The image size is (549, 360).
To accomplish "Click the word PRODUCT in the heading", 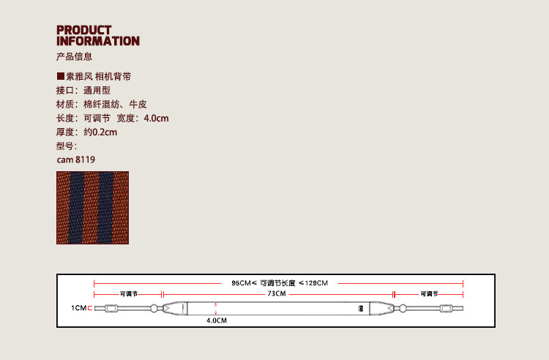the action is tap(84, 30).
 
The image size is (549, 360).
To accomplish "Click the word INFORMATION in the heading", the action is tap(98, 41).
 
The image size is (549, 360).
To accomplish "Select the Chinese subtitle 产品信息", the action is tap(74, 57).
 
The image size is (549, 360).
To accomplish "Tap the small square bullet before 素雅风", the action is tap(60, 76).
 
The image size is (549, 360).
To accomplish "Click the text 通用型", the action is tap(97, 91).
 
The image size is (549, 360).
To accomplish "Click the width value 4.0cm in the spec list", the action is tap(157, 119).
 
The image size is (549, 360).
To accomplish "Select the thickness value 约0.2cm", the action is tap(100, 132).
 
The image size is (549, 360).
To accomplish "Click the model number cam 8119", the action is tap(75, 160).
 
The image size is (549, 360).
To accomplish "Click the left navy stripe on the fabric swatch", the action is tap(77, 208).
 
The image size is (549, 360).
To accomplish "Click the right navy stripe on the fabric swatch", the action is tap(105, 208).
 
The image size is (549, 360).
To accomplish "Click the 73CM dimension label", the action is tap(276, 293).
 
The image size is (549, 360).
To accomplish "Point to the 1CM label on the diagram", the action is tap(78, 309).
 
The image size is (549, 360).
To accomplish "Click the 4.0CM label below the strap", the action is tap(216, 321).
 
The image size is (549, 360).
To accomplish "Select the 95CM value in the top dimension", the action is tap(241, 283).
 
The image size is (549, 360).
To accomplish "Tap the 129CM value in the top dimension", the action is tap(316, 283).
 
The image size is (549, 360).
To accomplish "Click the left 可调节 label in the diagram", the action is tap(128, 293).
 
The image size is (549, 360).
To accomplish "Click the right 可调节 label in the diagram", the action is tap(429, 293).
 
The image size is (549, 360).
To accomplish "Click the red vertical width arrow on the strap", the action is tap(216, 308).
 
